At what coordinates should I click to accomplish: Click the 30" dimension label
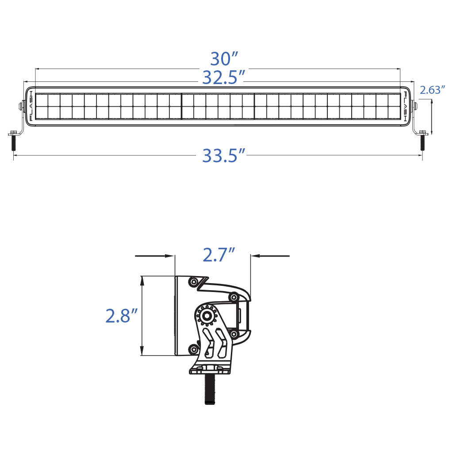click(x=224, y=59)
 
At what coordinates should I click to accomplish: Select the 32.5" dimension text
click(x=224, y=78)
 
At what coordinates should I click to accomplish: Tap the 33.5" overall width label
click(x=224, y=156)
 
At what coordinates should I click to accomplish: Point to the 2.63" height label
click(x=432, y=90)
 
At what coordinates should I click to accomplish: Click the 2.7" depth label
click(x=218, y=255)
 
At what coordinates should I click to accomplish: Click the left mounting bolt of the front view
click(x=13, y=142)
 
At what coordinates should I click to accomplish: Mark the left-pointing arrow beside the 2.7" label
click(x=270, y=256)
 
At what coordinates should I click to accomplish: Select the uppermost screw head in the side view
click(x=192, y=281)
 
